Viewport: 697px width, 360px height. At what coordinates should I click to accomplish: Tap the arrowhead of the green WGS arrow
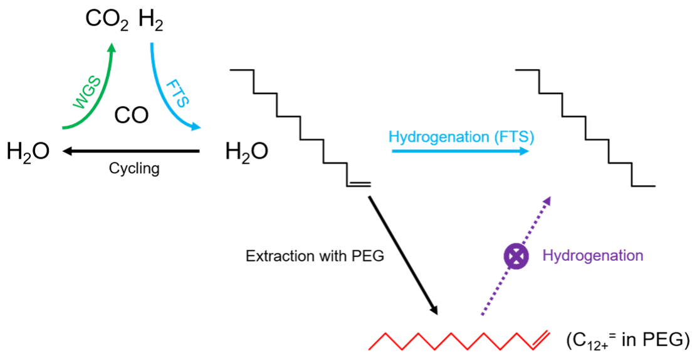pyautogui.click(x=111, y=47)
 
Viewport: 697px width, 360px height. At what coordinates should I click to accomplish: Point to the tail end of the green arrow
pyautogui.click(x=63, y=128)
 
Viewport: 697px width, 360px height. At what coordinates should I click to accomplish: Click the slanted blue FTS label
pyautogui.click(x=177, y=93)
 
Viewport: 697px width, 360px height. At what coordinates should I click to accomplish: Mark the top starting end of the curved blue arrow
pyautogui.click(x=151, y=44)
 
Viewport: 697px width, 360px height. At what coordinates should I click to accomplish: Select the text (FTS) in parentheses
pyautogui.click(x=514, y=137)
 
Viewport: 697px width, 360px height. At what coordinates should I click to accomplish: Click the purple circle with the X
pyautogui.click(x=516, y=256)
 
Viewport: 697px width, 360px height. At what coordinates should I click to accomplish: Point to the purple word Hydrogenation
pyautogui.click(x=592, y=256)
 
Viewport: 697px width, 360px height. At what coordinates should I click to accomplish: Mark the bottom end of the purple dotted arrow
pyautogui.click(x=481, y=315)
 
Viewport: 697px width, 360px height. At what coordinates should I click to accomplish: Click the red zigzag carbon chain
pyautogui.click(x=451, y=341)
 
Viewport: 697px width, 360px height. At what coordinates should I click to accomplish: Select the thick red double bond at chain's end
pyautogui.click(x=541, y=339)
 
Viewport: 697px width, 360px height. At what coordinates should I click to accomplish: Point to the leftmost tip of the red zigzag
pyautogui.click(x=369, y=349)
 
